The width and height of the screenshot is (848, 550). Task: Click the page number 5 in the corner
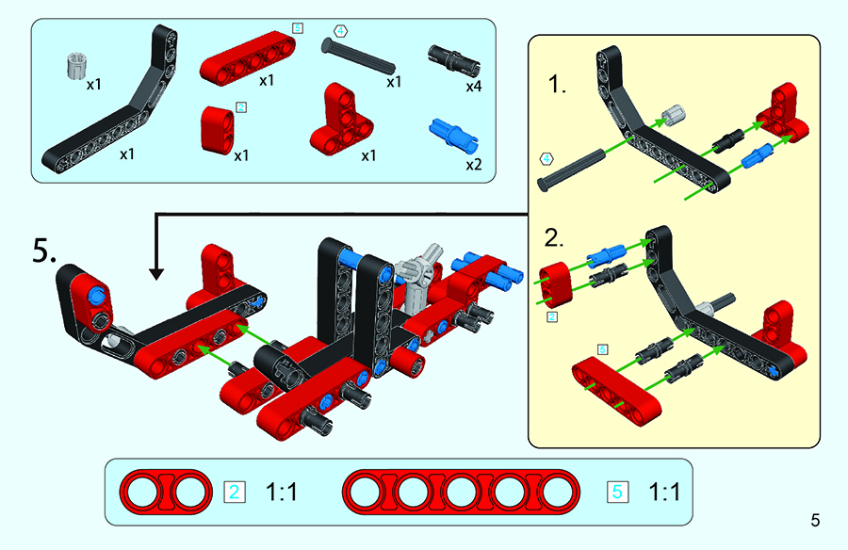click(815, 519)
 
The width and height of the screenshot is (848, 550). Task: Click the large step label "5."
click(50, 252)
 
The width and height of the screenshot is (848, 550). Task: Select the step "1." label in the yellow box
click(559, 86)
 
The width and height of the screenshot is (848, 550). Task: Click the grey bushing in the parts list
click(74, 67)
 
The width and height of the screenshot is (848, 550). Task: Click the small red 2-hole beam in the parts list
click(219, 127)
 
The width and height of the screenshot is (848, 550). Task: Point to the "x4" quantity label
click(473, 86)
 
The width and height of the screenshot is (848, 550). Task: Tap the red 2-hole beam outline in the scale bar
click(163, 491)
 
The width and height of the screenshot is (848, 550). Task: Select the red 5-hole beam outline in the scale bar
click(462, 491)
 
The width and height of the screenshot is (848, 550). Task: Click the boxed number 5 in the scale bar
click(617, 491)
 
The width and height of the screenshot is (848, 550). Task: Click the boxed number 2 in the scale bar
click(235, 491)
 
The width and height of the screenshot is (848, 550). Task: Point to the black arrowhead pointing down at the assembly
click(156, 273)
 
